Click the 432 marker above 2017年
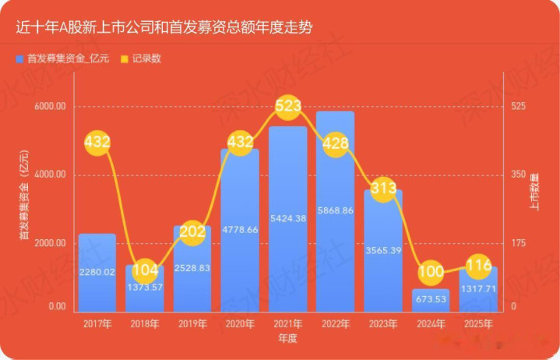[97, 143]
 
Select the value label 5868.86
[335, 210]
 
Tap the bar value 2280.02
[97, 272]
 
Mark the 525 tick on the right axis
[519, 107]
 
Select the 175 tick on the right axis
[519, 243]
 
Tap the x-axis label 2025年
[477, 323]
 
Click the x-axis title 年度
[287, 339]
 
